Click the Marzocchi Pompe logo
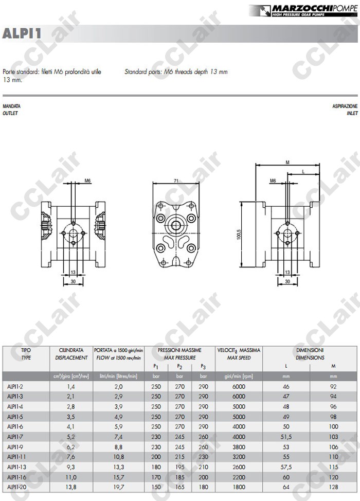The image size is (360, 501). point(303,10)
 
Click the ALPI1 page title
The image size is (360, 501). point(22,33)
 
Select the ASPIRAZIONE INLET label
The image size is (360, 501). point(345,110)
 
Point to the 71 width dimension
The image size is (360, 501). point(176,181)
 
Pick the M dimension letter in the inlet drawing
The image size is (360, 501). point(287,163)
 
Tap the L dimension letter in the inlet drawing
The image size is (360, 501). point(303,172)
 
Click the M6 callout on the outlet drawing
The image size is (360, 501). point(87,181)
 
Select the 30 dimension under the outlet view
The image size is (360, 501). point(73,281)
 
